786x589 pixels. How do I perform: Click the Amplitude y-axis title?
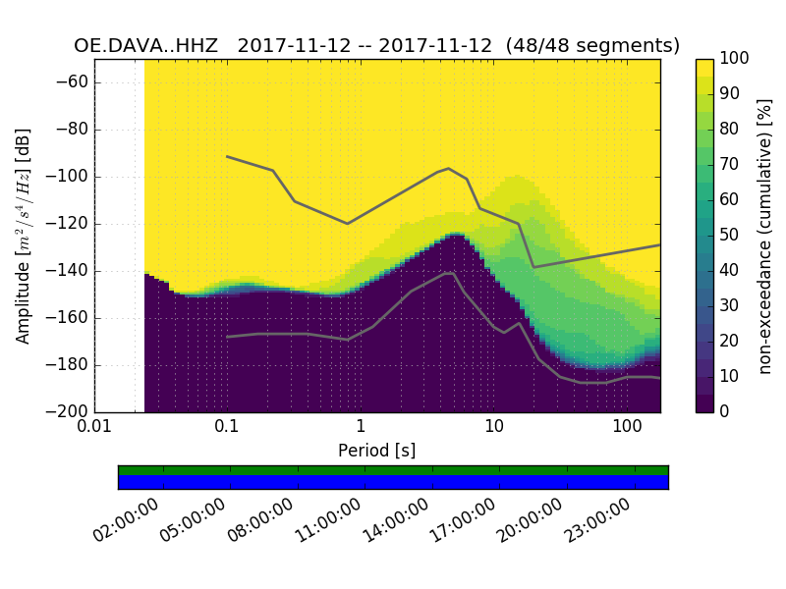tap(24, 236)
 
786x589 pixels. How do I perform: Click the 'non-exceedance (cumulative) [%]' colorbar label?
tap(766, 236)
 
